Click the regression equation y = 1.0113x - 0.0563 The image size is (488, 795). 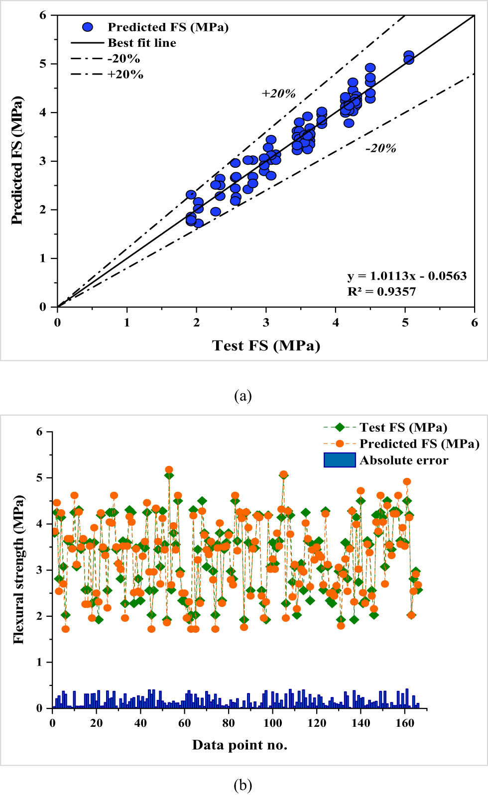[x=407, y=276]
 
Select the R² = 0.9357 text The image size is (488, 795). [x=381, y=292]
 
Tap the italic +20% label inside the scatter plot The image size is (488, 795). [x=278, y=94]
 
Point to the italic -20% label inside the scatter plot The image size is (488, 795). [x=381, y=148]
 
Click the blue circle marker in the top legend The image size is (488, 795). [x=88, y=27]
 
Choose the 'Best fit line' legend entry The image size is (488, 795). [x=141, y=43]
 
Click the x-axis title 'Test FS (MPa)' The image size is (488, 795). [x=266, y=345]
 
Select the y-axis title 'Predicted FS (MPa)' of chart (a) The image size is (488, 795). [x=17, y=160]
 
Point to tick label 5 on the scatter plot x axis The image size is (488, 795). [x=405, y=323]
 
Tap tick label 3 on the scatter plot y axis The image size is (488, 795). [x=43, y=161]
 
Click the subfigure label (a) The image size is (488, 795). [x=243, y=396]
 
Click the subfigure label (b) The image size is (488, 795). [x=243, y=785]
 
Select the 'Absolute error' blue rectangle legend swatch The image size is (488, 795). [x=340, y=460]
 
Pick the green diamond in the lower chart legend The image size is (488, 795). [x=340, y=427]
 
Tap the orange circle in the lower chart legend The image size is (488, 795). [x=340, y=444]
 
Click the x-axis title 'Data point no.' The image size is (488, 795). [x=240, y=745]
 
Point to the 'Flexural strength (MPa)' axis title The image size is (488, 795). [x=19, y=569]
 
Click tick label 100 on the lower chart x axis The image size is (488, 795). [x=272, y=723]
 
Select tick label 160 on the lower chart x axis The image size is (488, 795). [x=404, y=723]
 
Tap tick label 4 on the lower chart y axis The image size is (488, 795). [x=39, y=524]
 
